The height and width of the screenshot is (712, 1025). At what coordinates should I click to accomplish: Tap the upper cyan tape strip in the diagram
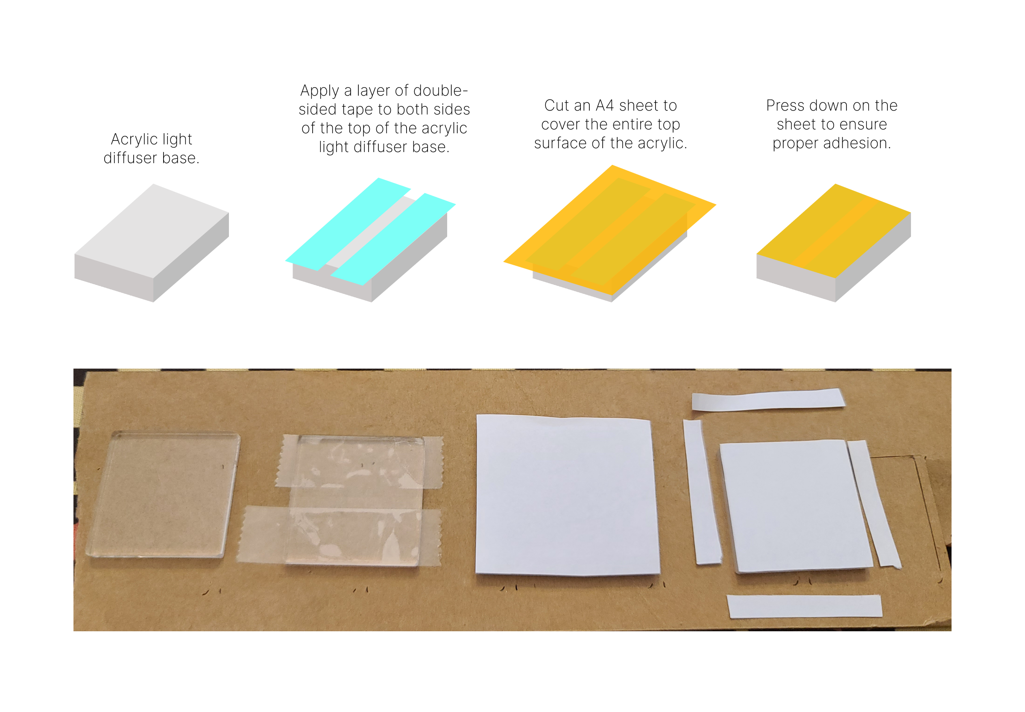pos(348,223)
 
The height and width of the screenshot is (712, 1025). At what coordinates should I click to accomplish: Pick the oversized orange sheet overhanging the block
pos(557,250)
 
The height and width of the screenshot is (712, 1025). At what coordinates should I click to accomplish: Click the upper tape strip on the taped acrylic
pos(359,462)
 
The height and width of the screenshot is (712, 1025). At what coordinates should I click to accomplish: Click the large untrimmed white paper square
pos(566,495)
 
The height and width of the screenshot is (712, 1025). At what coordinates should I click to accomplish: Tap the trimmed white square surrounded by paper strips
pos(794,506)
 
